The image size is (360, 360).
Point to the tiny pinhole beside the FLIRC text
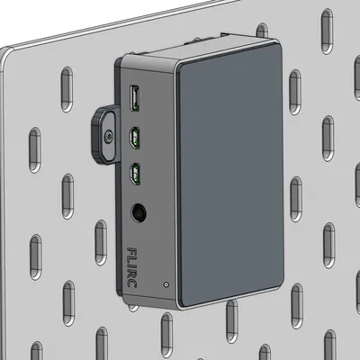(166, 285)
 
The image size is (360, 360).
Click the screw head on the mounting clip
(108, 138)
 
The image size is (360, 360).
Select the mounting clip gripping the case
(104, 134)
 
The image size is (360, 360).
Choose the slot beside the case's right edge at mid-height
(294, 193)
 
